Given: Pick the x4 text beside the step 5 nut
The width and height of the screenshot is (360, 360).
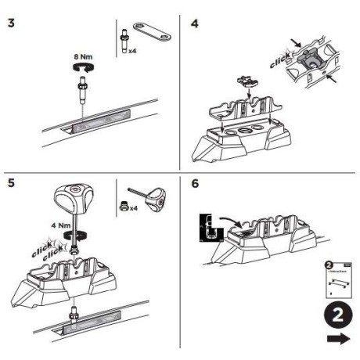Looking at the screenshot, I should (x=134, y=210).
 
